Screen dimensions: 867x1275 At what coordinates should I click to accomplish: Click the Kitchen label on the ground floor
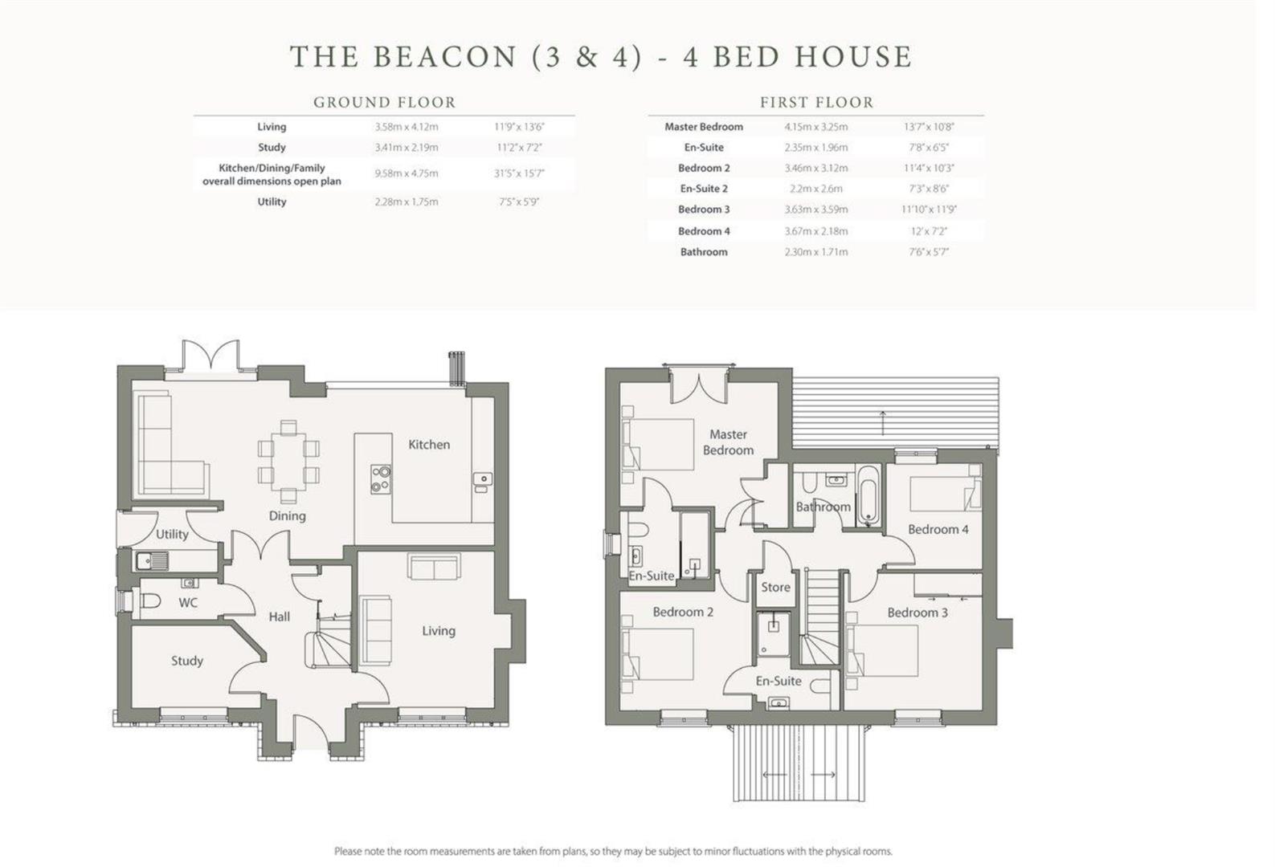tap(428, 444)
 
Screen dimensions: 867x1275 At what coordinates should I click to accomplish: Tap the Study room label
tap(186, 661)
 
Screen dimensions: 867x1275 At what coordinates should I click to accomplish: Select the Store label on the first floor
tap(775, 587)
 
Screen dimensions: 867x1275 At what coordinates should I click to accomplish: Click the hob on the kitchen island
tap(380, 478)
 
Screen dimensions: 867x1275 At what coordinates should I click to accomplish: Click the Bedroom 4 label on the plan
tap(938, 529)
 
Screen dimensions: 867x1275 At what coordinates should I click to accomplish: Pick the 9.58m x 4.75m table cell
tap(406, 173)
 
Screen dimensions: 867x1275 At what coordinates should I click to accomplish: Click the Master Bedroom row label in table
tap(703, 127)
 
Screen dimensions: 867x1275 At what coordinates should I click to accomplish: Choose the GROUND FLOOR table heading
tap(384, 103)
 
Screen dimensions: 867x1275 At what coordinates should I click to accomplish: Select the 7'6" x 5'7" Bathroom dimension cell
tap(929, 252)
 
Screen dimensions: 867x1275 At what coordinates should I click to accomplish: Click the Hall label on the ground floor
tap(279, 617)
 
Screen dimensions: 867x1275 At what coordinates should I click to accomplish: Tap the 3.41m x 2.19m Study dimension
tap(406, 148)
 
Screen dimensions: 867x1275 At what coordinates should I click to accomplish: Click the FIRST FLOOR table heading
tap(816, 103)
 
